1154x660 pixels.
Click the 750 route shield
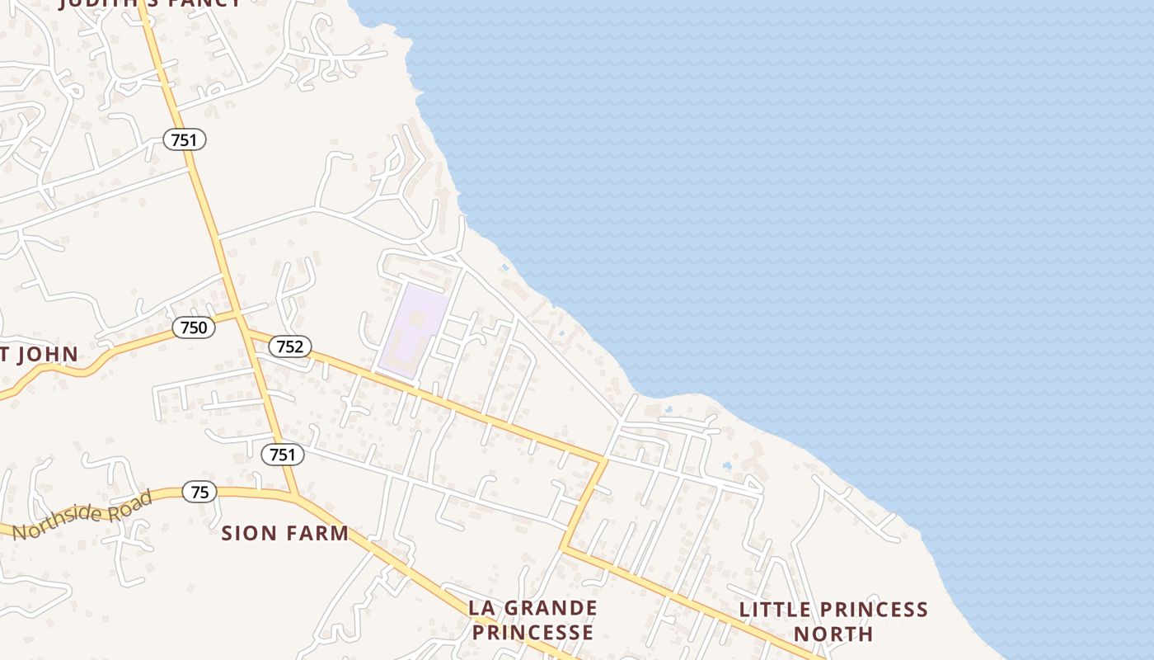194,328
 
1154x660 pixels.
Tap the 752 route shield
290,346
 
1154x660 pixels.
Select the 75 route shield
199,493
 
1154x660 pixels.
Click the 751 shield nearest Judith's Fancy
184,139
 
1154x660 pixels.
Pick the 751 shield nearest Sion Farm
283,454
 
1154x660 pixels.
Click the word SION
249,533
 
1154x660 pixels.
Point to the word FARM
317,533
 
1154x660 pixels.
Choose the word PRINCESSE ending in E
532,633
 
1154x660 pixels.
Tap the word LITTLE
773,610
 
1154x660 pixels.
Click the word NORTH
833,634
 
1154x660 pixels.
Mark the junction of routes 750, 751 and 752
242,316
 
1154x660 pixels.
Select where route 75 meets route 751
293,495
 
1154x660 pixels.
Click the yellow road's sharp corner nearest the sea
606,459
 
